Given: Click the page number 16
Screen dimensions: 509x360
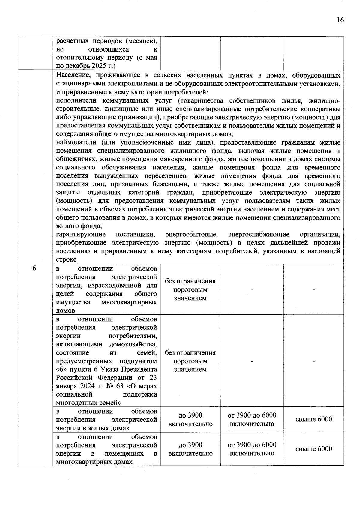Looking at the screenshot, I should (340, 20).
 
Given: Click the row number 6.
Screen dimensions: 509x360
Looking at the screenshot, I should (35, 268).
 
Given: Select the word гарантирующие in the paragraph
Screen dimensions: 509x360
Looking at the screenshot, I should (81, 234).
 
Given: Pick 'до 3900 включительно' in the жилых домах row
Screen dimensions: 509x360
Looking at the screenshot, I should (190, 419).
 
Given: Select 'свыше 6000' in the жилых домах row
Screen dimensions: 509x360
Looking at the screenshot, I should (314, 419).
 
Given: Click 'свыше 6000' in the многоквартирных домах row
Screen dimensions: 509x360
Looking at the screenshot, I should (314, 449).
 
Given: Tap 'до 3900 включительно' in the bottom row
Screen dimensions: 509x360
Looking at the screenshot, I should (190, 449).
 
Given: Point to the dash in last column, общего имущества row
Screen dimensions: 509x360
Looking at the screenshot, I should (314, 290).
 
